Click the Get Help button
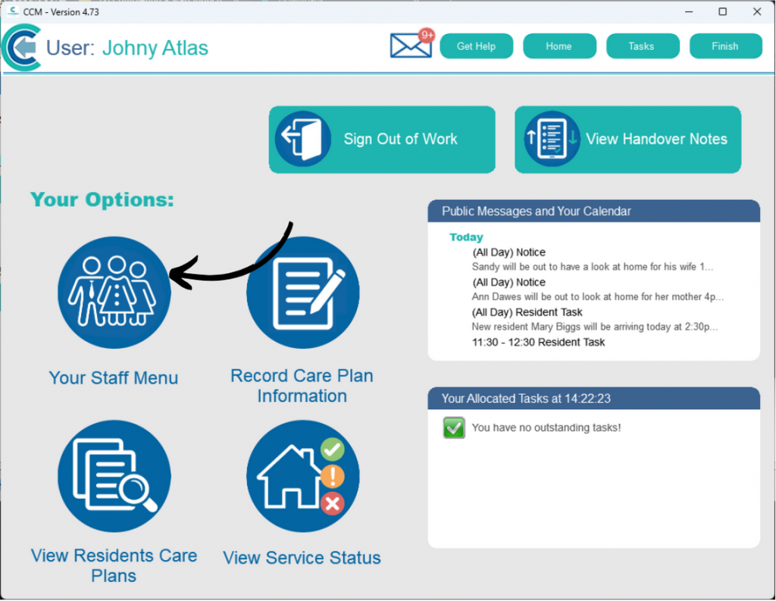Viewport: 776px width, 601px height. coord(476,46)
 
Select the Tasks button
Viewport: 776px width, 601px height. coord(643,46)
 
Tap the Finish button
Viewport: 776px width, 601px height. coord(725,46)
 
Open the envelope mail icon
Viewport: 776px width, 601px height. coord(410,46)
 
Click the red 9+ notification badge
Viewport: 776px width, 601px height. coord(426,36)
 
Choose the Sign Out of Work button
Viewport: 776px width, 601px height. coord(382,139)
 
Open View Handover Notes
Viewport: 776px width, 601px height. coord(627,139)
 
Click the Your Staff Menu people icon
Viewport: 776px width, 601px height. coord(114,293)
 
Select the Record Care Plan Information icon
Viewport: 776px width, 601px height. coord(303,293)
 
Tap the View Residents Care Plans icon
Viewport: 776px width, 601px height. coord(114,476)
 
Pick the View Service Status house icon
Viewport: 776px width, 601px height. coord(303,476)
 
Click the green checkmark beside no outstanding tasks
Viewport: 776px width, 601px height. coord(454,427)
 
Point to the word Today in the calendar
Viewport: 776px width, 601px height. coord(466,237)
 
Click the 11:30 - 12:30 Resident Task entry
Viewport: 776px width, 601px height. coord(539,342)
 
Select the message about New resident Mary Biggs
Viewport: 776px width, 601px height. coord(594,327)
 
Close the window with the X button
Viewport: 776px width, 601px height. coord(757,11)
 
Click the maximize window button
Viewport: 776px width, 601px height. coord(722,11)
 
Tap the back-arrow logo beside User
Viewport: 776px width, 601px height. coord(21,48)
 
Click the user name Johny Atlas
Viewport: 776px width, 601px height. coord(155,48)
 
